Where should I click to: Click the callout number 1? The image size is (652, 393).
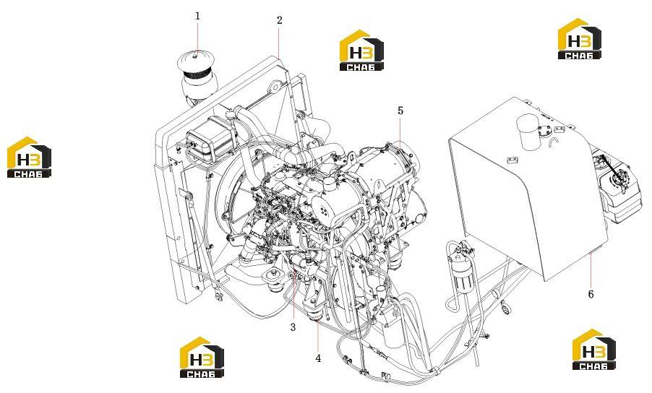point(197,16)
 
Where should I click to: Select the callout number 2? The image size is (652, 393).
point(280,20)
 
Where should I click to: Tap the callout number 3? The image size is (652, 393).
point(293,327)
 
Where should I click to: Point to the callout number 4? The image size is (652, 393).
point(318,358)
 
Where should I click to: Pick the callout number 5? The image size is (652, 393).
point(400,111)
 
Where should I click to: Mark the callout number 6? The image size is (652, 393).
point(591,294)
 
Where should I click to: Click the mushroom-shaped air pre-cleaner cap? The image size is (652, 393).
point(197,61)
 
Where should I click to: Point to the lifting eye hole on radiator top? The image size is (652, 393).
point(274,88)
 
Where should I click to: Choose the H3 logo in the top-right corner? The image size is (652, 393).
point(579,38)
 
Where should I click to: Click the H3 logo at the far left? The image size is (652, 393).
point(29,157)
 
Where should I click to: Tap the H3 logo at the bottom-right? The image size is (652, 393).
point(593,349)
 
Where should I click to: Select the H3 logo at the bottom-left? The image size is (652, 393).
point(202,357)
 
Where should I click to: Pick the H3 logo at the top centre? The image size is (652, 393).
point(361,50)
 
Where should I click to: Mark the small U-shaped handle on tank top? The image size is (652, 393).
point(553,142)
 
